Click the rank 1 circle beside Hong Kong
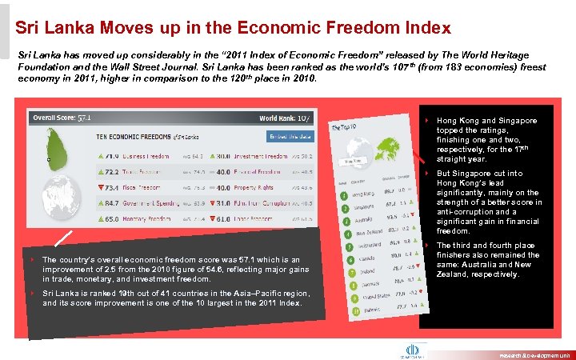click(342, 194)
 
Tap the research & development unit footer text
click(535, 354)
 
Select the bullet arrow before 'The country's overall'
click(33, 260)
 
